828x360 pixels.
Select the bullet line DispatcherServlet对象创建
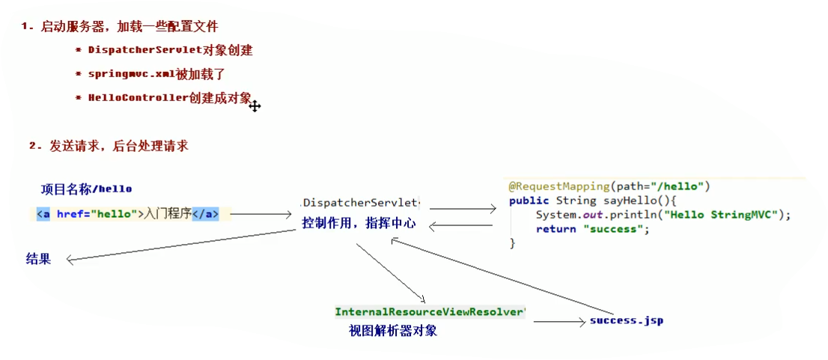(x=170, y=51)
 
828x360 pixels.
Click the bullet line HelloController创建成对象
(x=169, y=98)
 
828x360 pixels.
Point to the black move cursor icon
(x=255, y=106)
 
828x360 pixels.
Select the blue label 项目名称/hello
(x=86, y=189)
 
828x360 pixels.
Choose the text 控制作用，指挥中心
(x=359, y=223)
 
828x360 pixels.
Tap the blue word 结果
(x=38, y=260)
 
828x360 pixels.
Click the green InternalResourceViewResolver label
(x=430, y=311)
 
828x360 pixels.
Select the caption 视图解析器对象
(x=393, y=331)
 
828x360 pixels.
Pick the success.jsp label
(x=626, y=320)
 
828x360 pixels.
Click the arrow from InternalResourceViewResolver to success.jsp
(x=557, y=322)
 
